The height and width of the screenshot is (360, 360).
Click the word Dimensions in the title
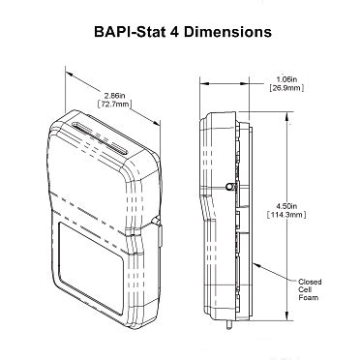[x=228, y=32]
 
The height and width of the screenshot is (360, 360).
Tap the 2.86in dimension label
[x=114, y=96]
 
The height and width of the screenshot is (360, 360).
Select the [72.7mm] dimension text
[x=114, y=104]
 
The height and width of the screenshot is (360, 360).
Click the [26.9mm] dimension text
[x=286, y=88]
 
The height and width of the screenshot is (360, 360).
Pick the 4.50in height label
[x=286, y=206]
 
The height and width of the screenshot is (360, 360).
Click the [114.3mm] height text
[x=286, y=215]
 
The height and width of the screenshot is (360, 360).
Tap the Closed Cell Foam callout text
[x=310, y=289]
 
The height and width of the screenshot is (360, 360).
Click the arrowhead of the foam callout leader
[x=256, y=265]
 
